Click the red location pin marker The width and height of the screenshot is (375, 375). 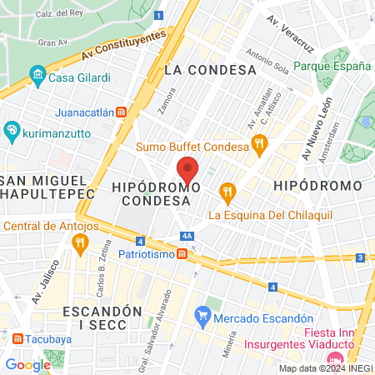pyautogui.click(x=187, y=170)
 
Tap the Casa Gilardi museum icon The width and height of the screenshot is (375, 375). pyautogui.click(x=37, y=76)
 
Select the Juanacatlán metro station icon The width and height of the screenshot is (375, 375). pyautogui.click(x=122, y=112)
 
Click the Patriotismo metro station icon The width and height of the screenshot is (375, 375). pyautogui.click(x=182, y=254)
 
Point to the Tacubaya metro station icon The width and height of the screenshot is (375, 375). pyautogui.click(x=17, y=338)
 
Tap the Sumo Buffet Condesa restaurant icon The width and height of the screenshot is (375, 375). pyautogui.click(x=260, y=146)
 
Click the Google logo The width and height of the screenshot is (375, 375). pyautogui.click(x=27, y=364)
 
